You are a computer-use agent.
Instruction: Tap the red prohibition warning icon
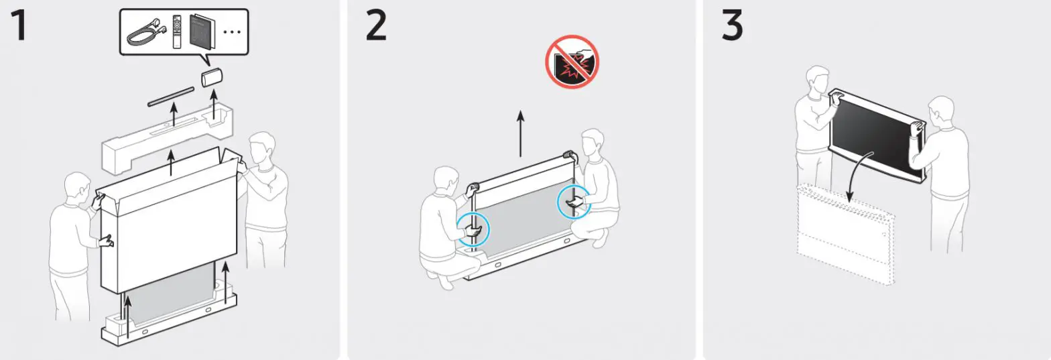(x=571, y=62)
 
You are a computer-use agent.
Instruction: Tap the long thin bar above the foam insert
(x=171, y=96)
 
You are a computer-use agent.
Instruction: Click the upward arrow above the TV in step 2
(x=521, y=134)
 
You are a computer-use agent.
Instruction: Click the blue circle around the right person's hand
(x=573, y=201)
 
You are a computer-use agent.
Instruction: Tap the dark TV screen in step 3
(x=871, y=137)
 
